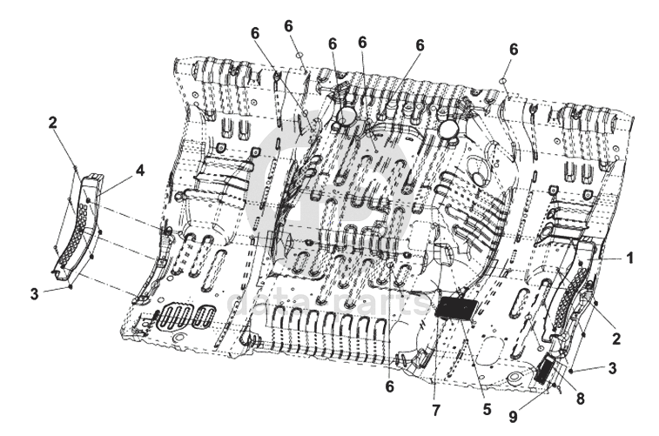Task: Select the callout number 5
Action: (x=487, y=407)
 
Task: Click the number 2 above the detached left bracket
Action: (x=52, y=123)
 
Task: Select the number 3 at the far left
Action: (x=34, y=293)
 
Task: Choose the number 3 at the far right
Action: (x=613, y=368)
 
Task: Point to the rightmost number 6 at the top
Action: (x=514, y=50)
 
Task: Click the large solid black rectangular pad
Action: (x=456, y=309)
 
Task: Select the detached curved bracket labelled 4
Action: (x=78, y=231)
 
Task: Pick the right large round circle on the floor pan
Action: (x=450, y=131)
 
